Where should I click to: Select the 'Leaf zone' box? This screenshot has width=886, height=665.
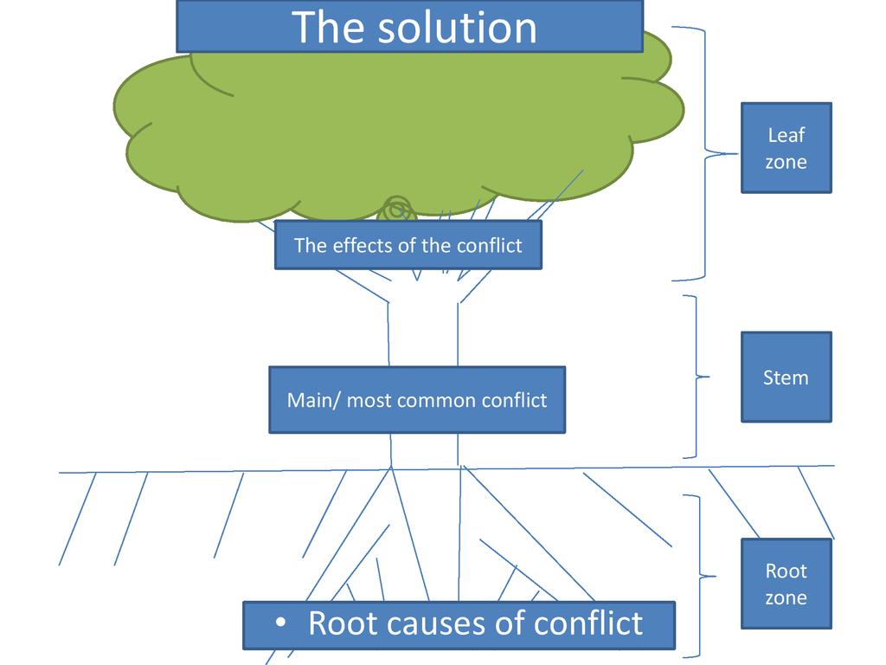pyautogui.click(x=786, y=148)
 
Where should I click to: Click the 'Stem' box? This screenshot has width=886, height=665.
pyautogui.click(x=786, y=377)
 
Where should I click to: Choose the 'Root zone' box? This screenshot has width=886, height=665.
pyautogui.click(x=786, y=584)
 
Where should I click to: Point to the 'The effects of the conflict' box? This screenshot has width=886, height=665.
pyautogui.click(x=408, y=245)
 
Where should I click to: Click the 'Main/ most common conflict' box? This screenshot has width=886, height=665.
pyautogui.click(x=416, y=400)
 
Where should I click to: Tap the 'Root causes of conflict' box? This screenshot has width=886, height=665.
pyautogui.click(x=459, y=624)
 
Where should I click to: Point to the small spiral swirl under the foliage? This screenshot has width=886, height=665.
pyautogui.click(x=396, y=209)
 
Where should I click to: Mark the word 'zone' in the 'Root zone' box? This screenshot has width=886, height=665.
pyautogui.click(x=786, y=597)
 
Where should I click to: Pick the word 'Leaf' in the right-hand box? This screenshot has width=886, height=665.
pyautogui.click(x=786, y=135)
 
